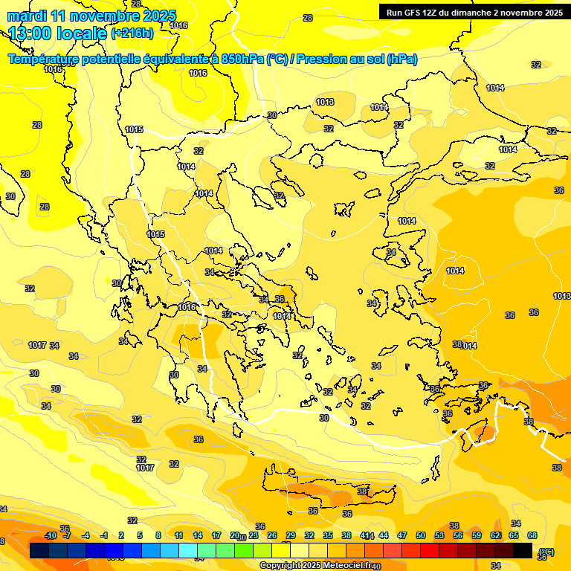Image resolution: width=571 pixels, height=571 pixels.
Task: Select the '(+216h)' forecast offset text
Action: (x=132, y=33)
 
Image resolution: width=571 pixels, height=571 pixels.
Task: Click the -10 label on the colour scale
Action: (x=51, y=536)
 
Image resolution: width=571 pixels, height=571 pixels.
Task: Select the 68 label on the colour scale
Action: (x=532, y=535)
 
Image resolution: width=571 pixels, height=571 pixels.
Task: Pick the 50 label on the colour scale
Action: (x=421, y=535)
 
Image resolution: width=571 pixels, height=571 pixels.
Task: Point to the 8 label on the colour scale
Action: (x=158, y=535)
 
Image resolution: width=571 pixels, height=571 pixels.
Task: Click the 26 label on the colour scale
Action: (x=272, y=535)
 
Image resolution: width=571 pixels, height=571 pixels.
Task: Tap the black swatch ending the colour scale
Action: (x=523, y=551)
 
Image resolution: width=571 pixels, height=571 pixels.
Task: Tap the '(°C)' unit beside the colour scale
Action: (x=546, y=552)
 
